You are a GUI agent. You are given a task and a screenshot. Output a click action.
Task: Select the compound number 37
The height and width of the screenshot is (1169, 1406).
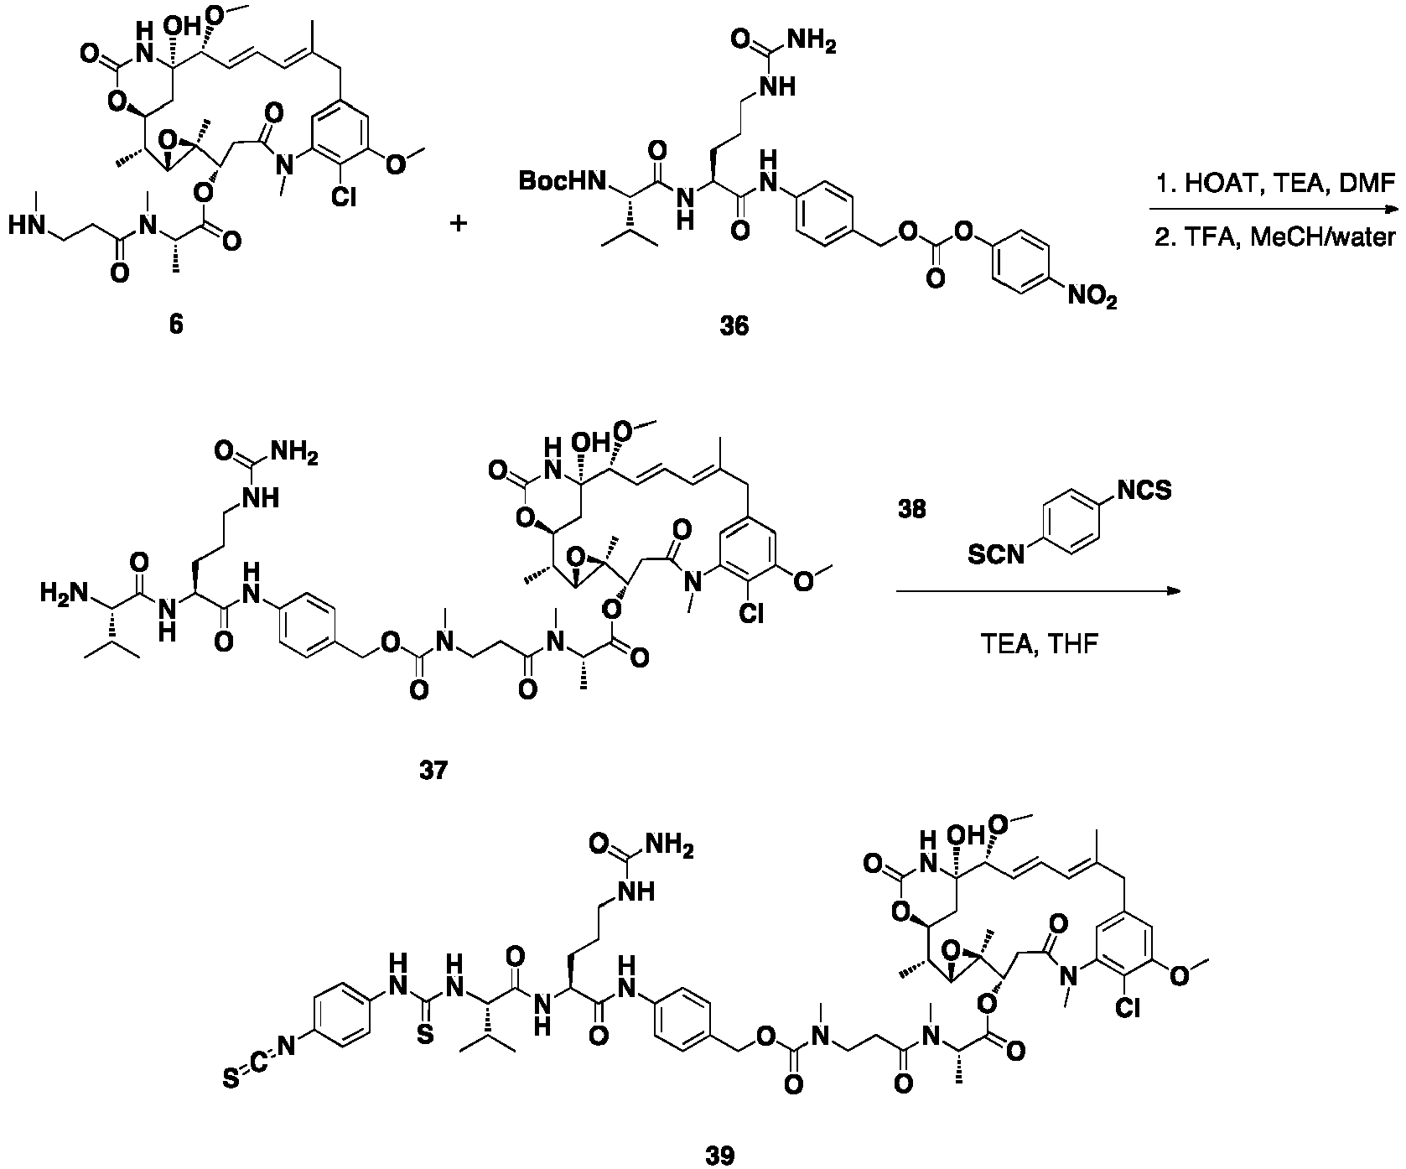[433, 769]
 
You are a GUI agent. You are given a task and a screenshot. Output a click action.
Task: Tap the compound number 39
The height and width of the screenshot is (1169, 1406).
[718, 1156]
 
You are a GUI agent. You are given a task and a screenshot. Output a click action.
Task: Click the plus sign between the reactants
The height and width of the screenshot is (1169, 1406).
[458, 224]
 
